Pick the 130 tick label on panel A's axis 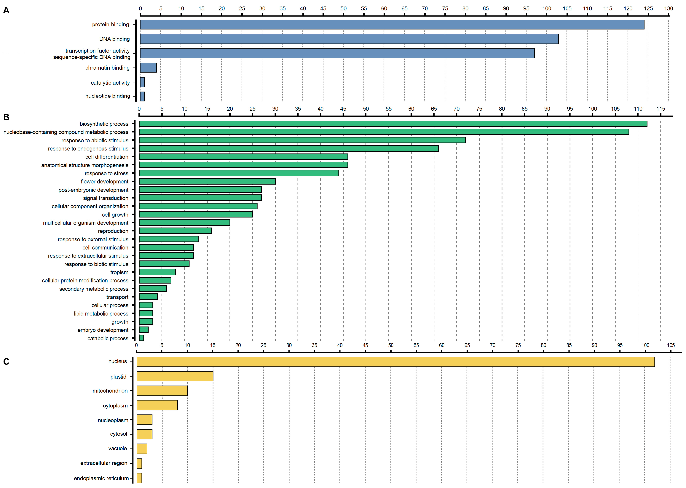[668, 8]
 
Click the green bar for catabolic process [141, 338]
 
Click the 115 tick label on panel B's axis [661, 109]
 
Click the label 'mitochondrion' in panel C [110, 391]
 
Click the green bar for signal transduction [200, 198]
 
